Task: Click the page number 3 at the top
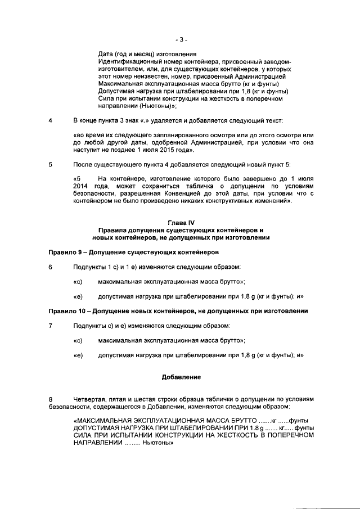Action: tap(180, 39)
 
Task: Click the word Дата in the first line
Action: tap(105, 54)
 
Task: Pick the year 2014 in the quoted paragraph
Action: tap(80, 186)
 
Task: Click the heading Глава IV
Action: tap(180, 223)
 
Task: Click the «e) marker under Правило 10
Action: tap(78, 355)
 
